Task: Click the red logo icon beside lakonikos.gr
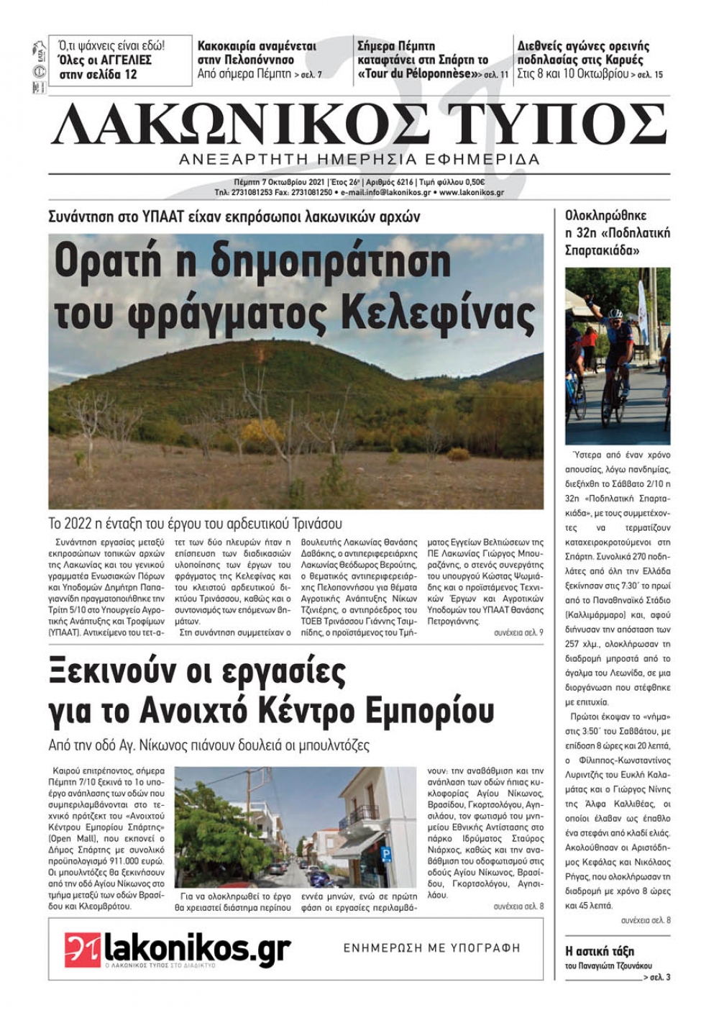click(83, 949)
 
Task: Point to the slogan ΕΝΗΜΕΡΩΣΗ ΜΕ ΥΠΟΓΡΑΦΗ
click(431, 948)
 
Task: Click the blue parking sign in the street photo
click(385, 855)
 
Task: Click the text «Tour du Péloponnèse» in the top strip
click(418, 74)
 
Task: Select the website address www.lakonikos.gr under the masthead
click(471, 193)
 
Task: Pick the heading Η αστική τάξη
click(600, 951)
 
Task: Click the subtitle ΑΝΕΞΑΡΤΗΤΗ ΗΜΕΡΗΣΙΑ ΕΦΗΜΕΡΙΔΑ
click(359, 159)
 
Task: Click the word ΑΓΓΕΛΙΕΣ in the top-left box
click(123, 60)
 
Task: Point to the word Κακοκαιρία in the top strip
click(226, 46)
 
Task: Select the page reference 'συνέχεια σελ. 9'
click(518, 632)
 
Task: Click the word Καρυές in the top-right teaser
click(623, 60)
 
